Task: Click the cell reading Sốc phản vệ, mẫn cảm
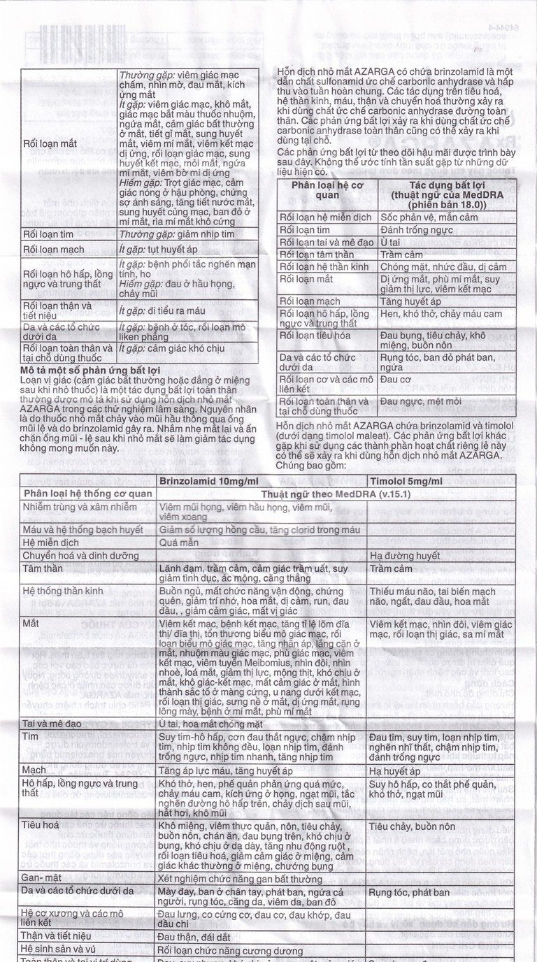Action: click(x=428, y=217)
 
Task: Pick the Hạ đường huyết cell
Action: click(x=395, y=556)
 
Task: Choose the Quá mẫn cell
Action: click(x=176, y=542)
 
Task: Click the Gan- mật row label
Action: click(x=41, y=877)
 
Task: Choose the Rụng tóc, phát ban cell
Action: click(x=409, y=893)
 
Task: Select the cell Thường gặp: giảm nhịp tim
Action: click(x=176, y=235)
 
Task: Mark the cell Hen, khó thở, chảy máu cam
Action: click(x=441, y=314)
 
